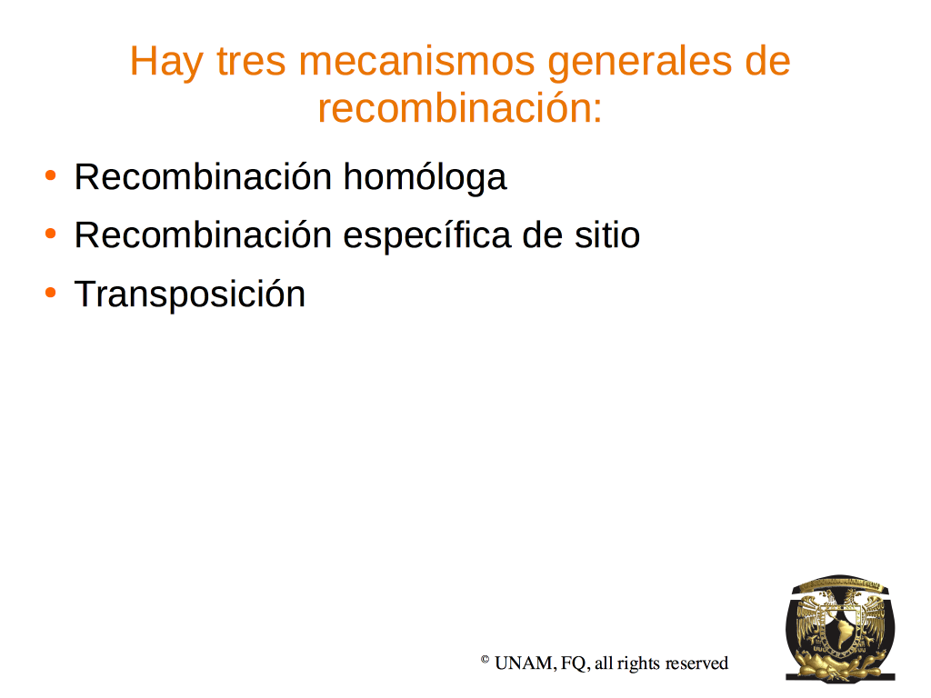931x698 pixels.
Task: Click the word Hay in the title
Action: point(166,62)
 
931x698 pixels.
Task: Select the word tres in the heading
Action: point(251,61)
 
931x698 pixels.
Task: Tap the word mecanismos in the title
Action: point(416,61)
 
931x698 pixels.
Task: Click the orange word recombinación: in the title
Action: point(460,108)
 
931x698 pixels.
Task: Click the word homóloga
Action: point(425,177)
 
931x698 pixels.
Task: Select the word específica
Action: point(427,235)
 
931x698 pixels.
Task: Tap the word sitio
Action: point(606,235)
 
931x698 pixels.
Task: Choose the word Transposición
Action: point(190,294)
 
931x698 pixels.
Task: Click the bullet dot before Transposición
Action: point(51,293)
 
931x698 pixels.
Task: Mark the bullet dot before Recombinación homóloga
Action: point(51,175)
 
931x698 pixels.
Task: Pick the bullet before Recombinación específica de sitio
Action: point(51,234)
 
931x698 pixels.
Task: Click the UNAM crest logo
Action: point(840,628)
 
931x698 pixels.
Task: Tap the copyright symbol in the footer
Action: point(485,659)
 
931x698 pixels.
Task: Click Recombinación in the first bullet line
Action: point(203,177)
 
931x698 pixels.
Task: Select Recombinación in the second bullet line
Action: point(203,235)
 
